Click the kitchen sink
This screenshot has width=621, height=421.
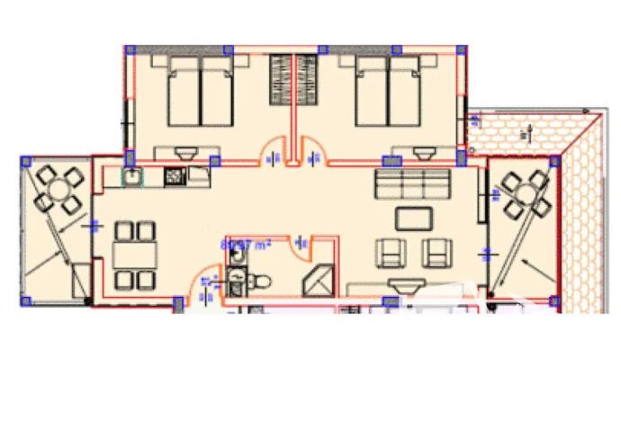132,176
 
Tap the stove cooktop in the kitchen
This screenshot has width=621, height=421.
173,177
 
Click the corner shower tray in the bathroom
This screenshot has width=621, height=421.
318,282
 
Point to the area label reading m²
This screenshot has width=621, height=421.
238,242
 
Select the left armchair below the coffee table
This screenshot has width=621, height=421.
391,253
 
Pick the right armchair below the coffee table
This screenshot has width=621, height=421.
438,253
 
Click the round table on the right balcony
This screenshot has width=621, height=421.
525,192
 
